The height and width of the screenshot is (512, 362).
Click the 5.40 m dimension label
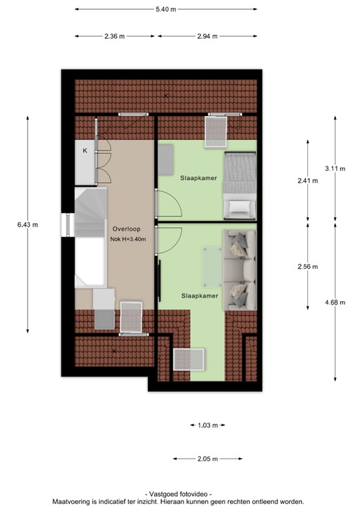pos(165,9)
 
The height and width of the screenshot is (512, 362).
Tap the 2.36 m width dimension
pos(114,37)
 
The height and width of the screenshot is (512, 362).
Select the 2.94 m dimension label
pos(207,37)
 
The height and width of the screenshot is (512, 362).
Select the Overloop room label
pos(126,227)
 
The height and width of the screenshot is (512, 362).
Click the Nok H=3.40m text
pos(127,238)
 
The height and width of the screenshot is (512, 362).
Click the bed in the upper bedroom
pos(239,185)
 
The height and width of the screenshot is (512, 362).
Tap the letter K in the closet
pos(85,151)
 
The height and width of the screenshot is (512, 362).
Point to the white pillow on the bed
pos(239,207)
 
